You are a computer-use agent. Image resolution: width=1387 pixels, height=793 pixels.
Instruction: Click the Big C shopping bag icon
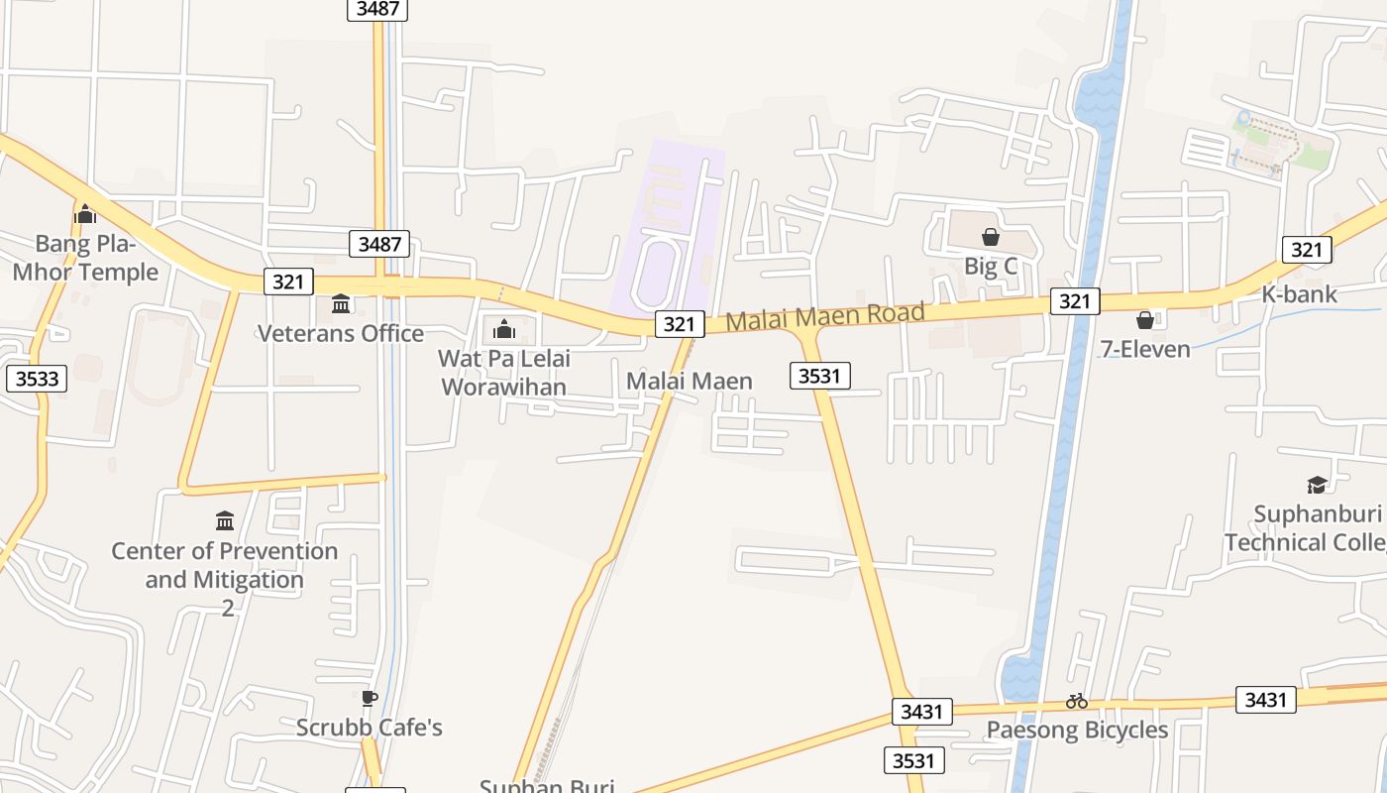pyautogui.click(x=990, y=237)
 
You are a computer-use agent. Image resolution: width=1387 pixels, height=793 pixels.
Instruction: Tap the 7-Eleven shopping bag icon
pyautogui.click(x=1145, y=320)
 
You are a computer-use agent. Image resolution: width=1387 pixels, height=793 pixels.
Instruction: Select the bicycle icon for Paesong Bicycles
pyautogui.click(x=1077, y=701)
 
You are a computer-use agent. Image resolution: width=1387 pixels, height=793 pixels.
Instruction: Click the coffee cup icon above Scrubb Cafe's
pyautogui.click(x=369, y=699)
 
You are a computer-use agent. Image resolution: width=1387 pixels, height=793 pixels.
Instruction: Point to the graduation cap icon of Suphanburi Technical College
pyautogui.click(x=1317, y=485)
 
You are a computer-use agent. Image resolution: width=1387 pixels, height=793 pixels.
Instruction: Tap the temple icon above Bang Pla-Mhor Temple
pyautogui.click(x=85, y=213)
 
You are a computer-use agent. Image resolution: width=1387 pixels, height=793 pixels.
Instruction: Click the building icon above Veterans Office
pyautogui.click(x=341, y=303)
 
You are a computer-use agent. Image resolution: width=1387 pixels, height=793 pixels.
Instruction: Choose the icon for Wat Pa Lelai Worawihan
pyautogui.click(x=503, y=328)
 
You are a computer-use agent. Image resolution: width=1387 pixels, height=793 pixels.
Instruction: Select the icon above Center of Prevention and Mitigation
pyautogui.click(x=225, y=520)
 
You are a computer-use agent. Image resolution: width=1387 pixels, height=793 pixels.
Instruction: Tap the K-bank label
pyautogui.click(x=1299, y=294)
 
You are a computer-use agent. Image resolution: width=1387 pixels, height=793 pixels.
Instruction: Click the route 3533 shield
pyautogui.click(x=37, y=378)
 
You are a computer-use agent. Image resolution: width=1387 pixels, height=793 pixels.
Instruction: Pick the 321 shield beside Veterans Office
pyautogui.click(x=288, y=282)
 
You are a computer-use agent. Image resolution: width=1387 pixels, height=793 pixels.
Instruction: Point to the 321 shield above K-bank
pyautogui.click(x=1306, y=250)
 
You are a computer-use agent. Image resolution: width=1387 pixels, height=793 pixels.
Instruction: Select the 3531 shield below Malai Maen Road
pyautogui.click(x=820, y=376)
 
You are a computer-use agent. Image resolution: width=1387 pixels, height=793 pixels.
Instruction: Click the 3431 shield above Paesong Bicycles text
pyautogui.click(x=921, y=711)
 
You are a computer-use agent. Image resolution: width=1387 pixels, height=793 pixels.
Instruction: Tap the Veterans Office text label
pyautogui.click(x=341, y=333)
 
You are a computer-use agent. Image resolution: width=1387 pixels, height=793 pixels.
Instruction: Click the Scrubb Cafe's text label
pyautogui.click(x=370, y=728)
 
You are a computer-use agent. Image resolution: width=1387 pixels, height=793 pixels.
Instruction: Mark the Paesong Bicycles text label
pyautogui.click(x=1077, y=731)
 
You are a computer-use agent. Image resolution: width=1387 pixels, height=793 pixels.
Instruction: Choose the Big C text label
pyautogui.click(x=991, y=266)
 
